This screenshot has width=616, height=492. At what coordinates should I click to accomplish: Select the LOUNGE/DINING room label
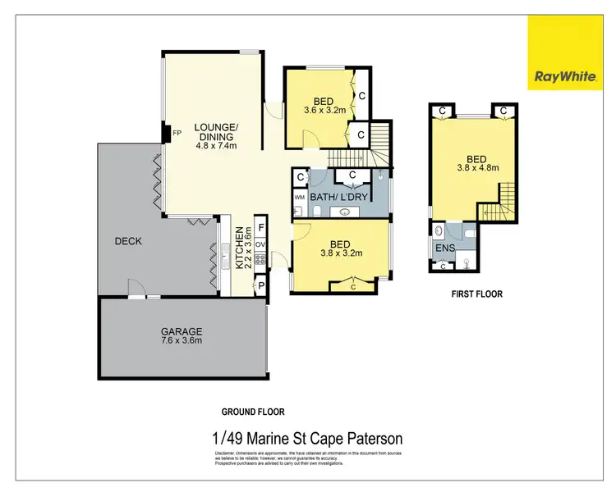pyautogui.click(x=216, y=131)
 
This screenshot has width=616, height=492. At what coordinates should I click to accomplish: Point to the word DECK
pyautogui.click(x=128, y=241)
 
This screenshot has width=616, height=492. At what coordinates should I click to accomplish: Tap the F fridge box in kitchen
pyautogui.click(x=261, y=227)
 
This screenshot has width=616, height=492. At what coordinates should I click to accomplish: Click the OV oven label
pyautogui.click(x=260, y=244)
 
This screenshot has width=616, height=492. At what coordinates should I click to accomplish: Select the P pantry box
pyautogui.click(x=261, y=285)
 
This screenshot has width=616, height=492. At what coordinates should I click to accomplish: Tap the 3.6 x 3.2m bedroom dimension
pyautogui.click(x=325, y=108)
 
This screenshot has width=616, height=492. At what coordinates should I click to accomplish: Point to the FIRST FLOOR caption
pyautogui.click(x=476, y=294)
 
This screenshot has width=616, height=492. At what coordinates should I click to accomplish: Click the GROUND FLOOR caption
pyautogui.click(x=253, y=412)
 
